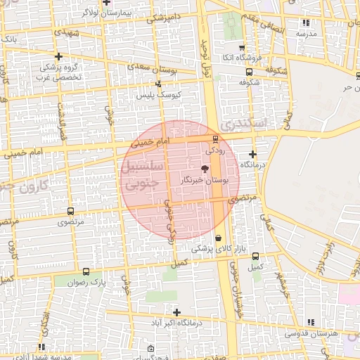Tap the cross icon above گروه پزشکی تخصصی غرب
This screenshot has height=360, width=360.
pyautogui.click(x=58, y=57)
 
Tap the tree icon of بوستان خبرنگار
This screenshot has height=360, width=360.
pyautogui.click(x=205, y=169)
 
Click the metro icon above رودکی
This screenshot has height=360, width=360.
pyautogui.click(x=215, y=139)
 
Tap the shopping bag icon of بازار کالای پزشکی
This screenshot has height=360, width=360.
pyautogui.click(x=219, y=238)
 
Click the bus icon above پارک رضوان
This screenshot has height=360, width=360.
pyautogui.click(x=86, y=271)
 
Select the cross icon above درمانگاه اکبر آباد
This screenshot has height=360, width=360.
pyautogui.click(x=176, y=312)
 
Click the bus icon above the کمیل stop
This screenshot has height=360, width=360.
pyautogui.click(x=255, y=257)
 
